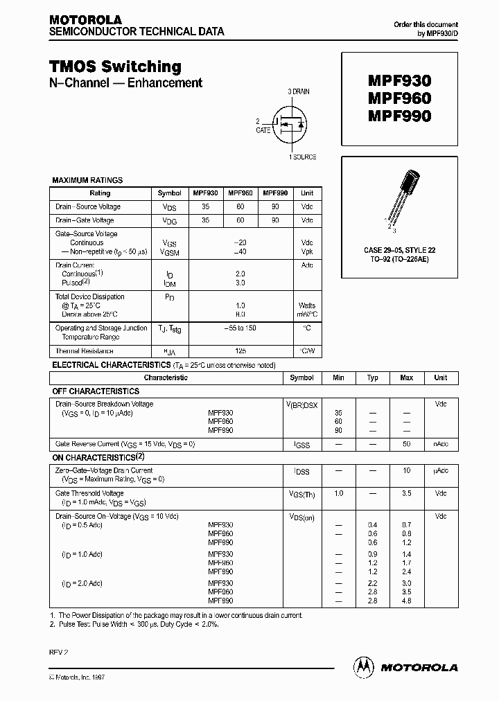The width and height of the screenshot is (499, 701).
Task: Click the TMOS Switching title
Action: coord(115,66)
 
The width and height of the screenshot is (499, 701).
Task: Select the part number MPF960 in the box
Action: coord(399,98)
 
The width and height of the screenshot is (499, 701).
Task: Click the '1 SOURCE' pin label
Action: coord(303,157)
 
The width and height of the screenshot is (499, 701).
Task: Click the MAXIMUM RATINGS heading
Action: coord(87,180)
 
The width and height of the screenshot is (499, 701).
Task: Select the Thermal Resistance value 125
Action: coord(240,351)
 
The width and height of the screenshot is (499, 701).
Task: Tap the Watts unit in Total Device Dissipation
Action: coord(307,305)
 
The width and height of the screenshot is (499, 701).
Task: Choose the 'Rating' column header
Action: coord(100,193)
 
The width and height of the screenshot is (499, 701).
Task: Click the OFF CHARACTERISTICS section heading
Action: coord(96,391)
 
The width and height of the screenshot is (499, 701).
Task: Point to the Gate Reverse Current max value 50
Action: coord(406,443)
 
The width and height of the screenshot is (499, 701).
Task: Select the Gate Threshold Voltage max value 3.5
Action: coord(406,493)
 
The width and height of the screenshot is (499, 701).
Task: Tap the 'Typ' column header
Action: coord(373,378)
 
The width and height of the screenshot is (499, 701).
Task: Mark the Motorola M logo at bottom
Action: coord(363,666)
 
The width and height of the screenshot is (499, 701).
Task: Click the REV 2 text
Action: coord(59,652)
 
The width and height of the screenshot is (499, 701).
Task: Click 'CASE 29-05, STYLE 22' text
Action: coord(399,249)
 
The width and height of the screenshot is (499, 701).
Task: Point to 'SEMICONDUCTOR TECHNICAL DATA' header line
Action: coord(136,32)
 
